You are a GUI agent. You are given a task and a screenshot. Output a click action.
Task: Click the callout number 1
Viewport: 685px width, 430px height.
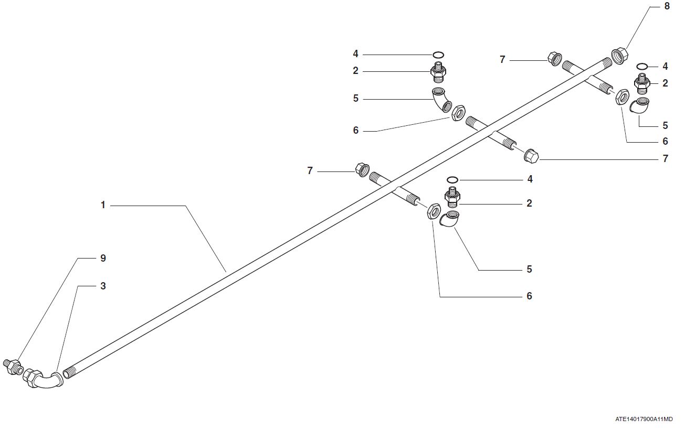103,205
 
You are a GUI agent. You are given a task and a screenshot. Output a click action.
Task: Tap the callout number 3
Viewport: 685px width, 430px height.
103,286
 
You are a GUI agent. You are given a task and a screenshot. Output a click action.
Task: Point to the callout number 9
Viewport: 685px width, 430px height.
103,258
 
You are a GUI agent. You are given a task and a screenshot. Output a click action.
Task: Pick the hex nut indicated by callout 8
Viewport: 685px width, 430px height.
620,55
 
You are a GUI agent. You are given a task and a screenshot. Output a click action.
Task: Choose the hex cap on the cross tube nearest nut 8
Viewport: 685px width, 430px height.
554,58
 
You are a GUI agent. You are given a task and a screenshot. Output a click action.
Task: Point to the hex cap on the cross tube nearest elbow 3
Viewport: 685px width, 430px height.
362,169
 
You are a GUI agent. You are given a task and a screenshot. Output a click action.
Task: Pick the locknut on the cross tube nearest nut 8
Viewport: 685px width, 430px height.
621,96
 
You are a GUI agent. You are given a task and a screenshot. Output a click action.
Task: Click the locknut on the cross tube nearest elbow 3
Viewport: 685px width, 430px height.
433,211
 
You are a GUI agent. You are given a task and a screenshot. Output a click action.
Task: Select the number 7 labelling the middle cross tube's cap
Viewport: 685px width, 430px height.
666,158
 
